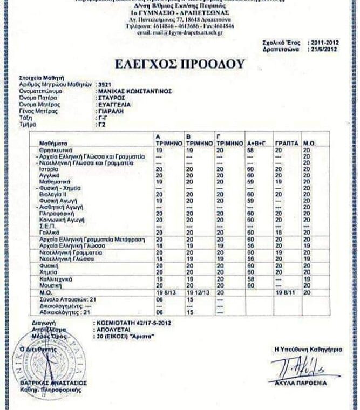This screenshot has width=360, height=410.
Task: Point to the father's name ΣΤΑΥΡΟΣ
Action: click(x=108, y=97)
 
